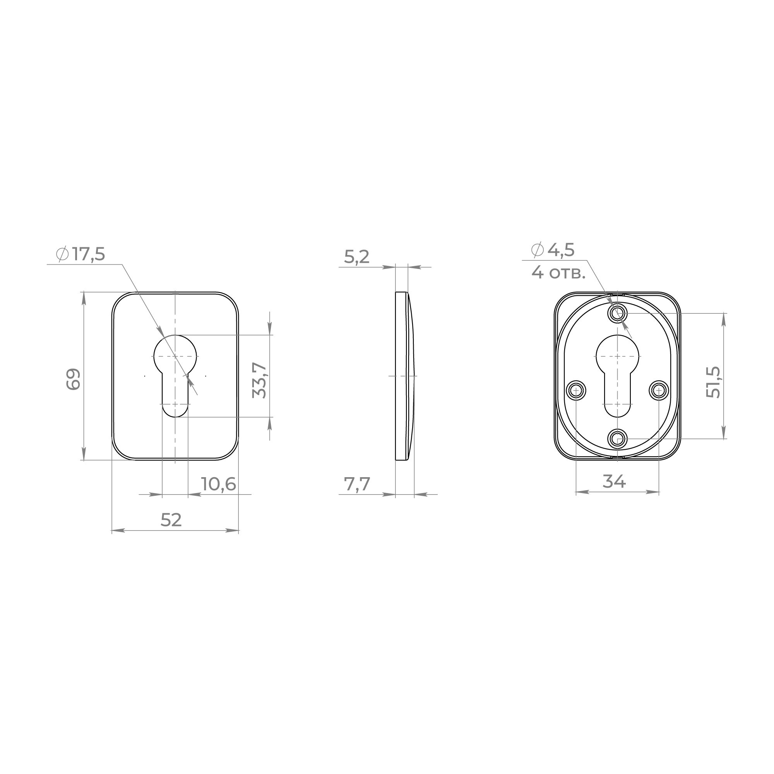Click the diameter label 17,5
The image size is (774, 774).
click(x=89, y=254)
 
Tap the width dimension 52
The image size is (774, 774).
click(x=171, y=520)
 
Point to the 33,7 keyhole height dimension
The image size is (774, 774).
click(x=259, y=380)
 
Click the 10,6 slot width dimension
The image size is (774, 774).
click(x=218, y=485)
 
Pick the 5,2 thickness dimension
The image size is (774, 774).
click(x=356, y=257)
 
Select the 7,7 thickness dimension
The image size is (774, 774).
click(x=357, y=485)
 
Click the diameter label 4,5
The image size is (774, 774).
click(x=561, y=250)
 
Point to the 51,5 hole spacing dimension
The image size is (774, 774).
click(x=713, y=382)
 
